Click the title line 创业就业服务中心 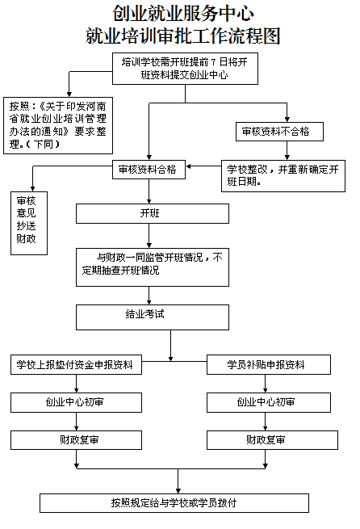[182, 14]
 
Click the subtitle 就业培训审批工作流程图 [182, 36]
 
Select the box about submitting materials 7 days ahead [185, 69]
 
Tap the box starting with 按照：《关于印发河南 [58, 125]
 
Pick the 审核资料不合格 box [279, 132]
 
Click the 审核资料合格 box [149, 170]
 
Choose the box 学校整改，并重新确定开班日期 [283, 176]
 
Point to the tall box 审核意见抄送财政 [29, 223]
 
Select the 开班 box [153, 213]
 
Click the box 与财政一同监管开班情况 [153, 267]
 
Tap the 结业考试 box [153, 317]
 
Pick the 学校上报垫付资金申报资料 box [76, 365]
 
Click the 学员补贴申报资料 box [269, 365]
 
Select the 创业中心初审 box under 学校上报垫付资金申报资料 [76, 402]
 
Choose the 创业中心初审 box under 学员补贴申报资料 [269, 402]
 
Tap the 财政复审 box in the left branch [76, 440]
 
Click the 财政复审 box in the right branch [272, 440]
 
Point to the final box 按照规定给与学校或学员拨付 [174, 503]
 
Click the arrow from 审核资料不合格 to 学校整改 [287, 150]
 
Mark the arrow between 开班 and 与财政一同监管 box [149, 236]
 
